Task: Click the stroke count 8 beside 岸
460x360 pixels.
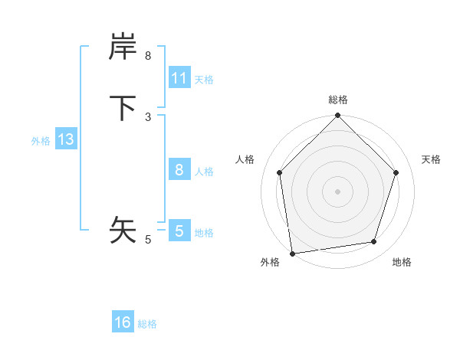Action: (x=148, y=56)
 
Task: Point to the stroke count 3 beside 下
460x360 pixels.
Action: (x=148, y=116)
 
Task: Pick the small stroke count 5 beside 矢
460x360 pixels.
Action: (x=148, y=240)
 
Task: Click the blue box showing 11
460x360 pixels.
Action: (x=179, y=78)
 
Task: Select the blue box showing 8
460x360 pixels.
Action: (x=179, y=170)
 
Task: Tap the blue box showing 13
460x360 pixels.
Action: (x=66, y=139)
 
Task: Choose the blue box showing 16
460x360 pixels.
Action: (x=123, y=322)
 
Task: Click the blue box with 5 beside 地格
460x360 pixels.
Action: (x=179, y=231)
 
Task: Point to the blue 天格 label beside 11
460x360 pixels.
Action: (x=204, y=79)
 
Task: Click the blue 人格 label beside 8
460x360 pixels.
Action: (x=205, y=171)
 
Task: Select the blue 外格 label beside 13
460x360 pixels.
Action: (x=41, y=140)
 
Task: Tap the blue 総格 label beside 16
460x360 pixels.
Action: (x=147, y=323)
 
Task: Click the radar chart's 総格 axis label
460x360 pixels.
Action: (x=338, y=100)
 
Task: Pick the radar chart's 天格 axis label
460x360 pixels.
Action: (x=431, y=159)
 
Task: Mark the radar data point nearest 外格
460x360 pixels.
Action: (x=292, y=253)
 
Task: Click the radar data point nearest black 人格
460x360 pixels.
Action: (x=279, y=172)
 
